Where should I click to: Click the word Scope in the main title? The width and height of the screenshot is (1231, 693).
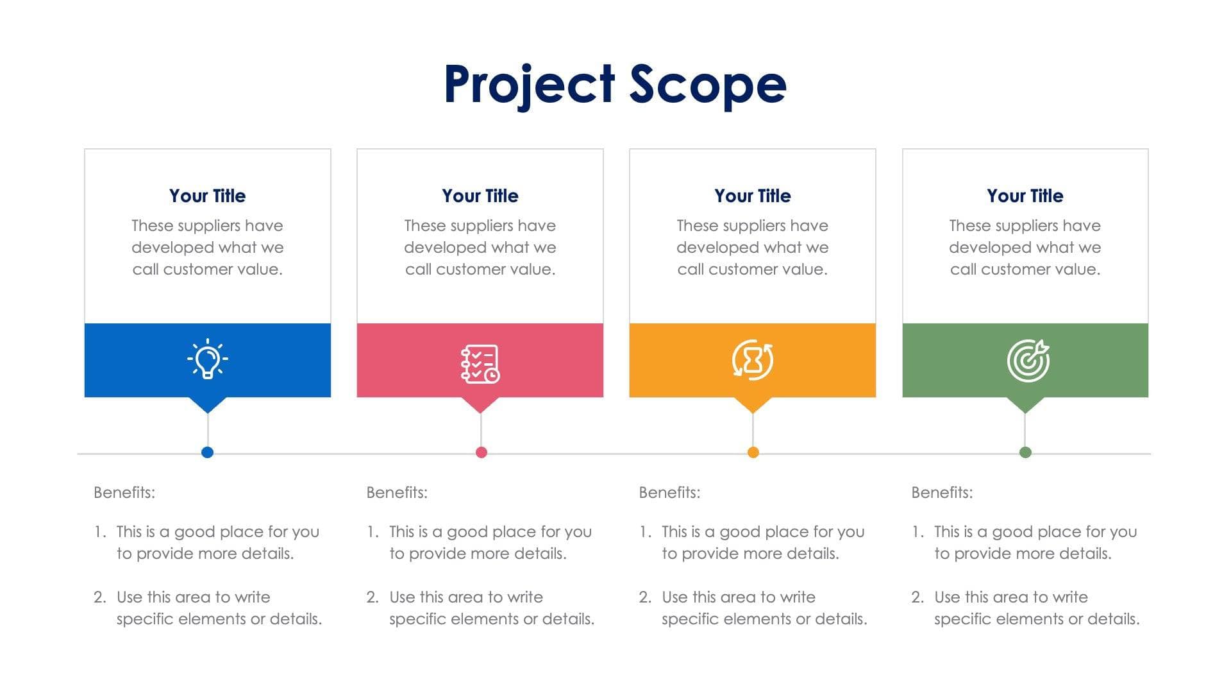point(708,85)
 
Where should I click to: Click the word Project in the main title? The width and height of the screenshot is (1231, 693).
point(530,85)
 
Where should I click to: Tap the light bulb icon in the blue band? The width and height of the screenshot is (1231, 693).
point(207,359)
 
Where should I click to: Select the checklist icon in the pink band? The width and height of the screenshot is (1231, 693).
point(480,364)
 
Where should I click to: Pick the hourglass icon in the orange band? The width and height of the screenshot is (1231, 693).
point(753,360)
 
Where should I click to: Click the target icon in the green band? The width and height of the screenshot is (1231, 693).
point(1028,360)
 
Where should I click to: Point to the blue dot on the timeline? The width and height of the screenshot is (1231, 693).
point(207,452)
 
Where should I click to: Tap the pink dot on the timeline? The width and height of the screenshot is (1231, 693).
point(482,452)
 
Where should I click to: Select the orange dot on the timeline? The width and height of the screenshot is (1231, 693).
point(753,452)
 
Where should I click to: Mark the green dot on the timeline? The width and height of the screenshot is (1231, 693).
point(1025,452)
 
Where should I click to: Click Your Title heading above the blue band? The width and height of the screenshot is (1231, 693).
point(207,196)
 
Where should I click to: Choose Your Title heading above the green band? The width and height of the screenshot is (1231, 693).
point(1025,196)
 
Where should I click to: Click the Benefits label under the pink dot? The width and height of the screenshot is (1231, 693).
point(397,493)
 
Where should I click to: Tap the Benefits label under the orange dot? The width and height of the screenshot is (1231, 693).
point(669,493)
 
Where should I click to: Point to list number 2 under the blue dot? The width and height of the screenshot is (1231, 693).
point(99,597)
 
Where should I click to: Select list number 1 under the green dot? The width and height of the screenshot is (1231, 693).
point(917,532)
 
